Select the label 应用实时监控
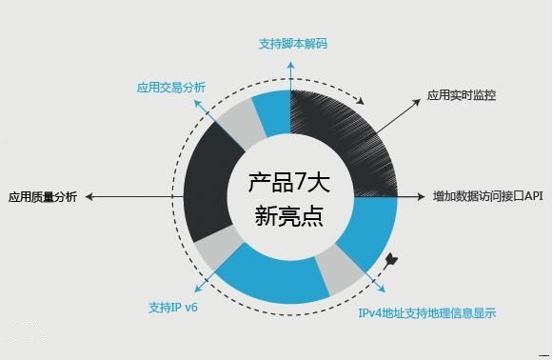tap(461, 95)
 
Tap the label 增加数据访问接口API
tap(486, 196)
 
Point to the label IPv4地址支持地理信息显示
tap(426, 312)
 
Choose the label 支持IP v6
tap(172, 308)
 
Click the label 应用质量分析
tap(43, 197)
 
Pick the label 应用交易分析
tap(171, 88)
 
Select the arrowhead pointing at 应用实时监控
tap(415, 103)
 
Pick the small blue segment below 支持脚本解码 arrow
tap(270, 110)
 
